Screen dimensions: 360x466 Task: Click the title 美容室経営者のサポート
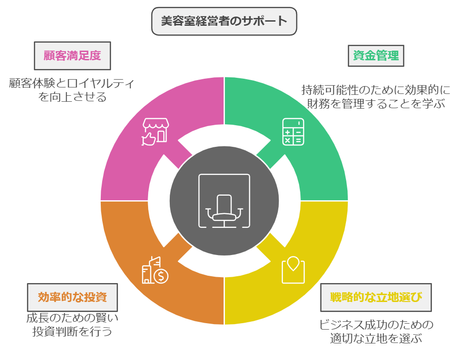click(x=224, y=21)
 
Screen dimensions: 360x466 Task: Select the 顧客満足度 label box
click(x=72, y=56)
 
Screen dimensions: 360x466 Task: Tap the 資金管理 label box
click(x=375, y=56)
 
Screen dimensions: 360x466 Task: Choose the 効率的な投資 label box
click(x=72, y=297)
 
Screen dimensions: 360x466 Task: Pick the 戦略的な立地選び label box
click(x=376, y=297)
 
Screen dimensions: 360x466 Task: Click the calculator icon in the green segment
click(x=293, y=132)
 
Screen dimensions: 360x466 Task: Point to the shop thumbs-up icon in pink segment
click(x=155, y=132)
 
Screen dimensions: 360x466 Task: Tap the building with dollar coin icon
click(x=155, y=270)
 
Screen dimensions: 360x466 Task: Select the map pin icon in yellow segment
click(x=293, y=270)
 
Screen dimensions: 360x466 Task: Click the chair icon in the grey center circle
click(x=224, y=201)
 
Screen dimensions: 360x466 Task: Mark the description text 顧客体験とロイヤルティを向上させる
click(x=72, y=90)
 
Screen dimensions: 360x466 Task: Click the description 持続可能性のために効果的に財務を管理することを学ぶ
click(x=376, y=96)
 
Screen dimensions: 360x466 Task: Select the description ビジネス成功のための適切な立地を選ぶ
click(x=376, y=331)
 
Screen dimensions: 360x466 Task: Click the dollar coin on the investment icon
click(x=161, y=276)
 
